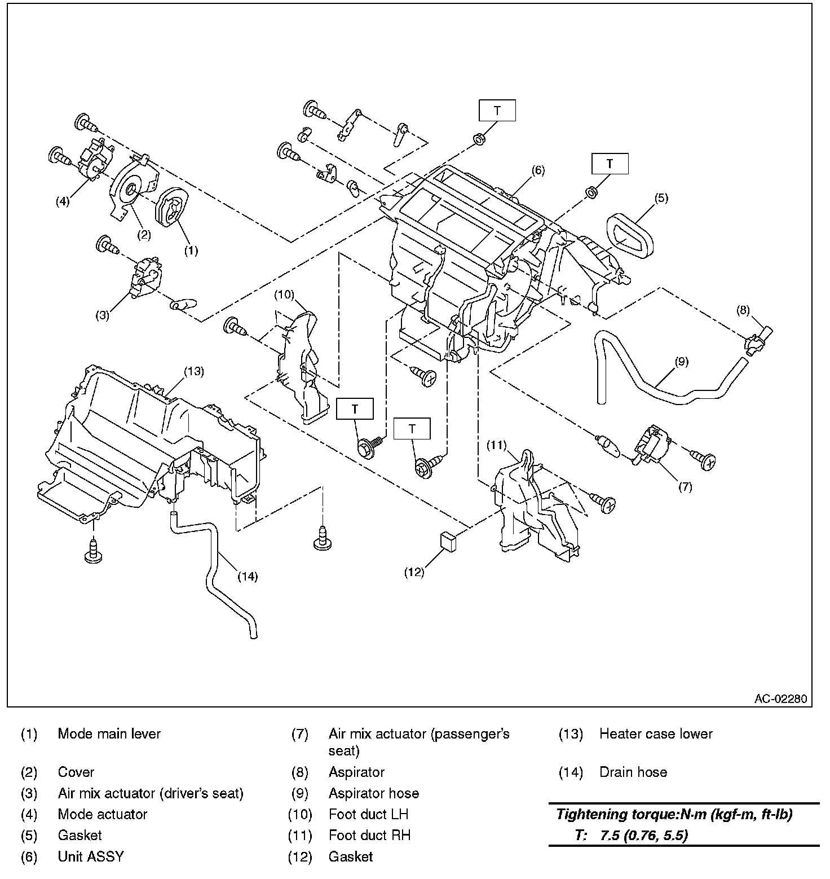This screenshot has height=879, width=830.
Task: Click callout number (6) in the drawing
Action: click(x=538, y=170)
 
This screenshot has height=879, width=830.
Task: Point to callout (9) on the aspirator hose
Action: click(x=681, y=362)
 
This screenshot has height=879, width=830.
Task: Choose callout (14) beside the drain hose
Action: click(x=247, y=576)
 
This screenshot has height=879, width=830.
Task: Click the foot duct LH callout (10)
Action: click(x=285, y=295)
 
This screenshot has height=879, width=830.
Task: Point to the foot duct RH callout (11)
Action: click(x=497, y=445)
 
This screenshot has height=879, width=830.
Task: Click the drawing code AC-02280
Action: click(x=780, y=699)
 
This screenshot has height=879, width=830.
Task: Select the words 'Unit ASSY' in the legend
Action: click(x=90, y=856)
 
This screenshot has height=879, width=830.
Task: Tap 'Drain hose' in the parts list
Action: click(x=633, y=772)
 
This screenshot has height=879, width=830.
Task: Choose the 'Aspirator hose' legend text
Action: click(x=373, y=793)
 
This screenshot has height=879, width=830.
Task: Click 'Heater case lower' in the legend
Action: click(x=655, y=734)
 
